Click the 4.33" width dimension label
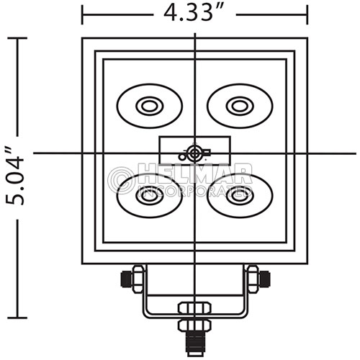click(194, 13)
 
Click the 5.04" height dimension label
click(15, 178)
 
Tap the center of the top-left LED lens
click(150, 106)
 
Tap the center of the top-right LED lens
click(240, 106)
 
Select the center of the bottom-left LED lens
click(150, 195)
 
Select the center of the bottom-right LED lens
click(240, 195)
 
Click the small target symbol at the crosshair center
click(194, 153)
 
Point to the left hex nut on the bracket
click(138, 279)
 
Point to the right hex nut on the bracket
click(253, 279)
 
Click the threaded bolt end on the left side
click(127, 279)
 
